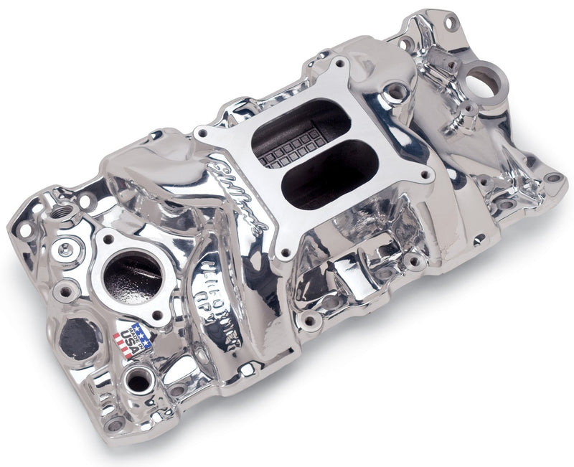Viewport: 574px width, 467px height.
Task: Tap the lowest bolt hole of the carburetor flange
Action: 287,253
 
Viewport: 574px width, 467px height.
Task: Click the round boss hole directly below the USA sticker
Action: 138,382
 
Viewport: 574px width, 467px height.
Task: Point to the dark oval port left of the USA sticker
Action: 79,338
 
